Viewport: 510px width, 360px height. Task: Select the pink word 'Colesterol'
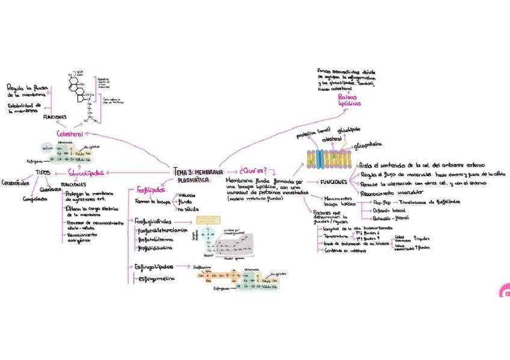tap(70, 133)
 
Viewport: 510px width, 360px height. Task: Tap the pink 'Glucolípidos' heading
tap(85, 173)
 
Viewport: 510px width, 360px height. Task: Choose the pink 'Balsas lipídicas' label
tap(349, 100)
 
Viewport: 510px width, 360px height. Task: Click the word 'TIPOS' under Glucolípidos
tap(43, 172)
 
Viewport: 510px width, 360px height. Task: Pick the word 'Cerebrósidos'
tap(16, 182)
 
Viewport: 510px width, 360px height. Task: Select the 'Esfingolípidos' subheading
tap(154, 266)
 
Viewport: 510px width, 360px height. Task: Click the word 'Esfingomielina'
tap(158, 278)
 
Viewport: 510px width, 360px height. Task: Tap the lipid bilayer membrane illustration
tap(328, 157)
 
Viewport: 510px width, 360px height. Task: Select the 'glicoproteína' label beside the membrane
tap(370, 145)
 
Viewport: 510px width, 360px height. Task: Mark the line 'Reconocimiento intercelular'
tap(392, 192)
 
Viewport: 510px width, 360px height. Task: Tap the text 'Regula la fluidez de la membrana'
tap(26, 91)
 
